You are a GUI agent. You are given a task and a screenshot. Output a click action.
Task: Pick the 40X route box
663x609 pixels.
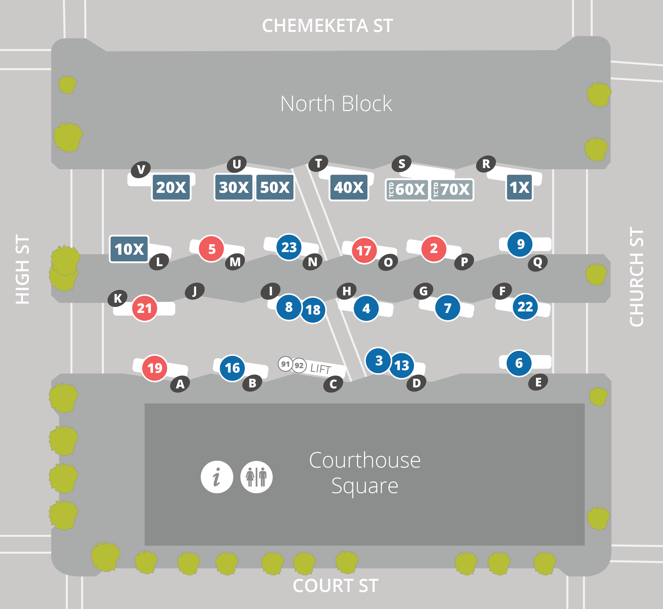[349, 187]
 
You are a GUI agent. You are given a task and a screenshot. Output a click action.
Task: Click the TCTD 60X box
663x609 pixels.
[407, 189]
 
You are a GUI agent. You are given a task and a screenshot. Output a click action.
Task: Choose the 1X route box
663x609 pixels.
[519, 187]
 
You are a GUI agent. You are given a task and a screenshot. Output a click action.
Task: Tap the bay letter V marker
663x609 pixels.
[141, 169]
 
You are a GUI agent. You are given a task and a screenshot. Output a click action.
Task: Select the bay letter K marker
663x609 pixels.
[117, 298]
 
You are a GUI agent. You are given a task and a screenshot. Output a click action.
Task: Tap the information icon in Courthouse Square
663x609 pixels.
[217, 477]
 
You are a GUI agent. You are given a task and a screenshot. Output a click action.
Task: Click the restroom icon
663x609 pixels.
[256, 477]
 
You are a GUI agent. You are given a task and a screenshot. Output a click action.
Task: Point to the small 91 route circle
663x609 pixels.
[285, 364]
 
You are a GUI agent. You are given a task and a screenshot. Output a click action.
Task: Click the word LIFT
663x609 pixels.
[321, 368]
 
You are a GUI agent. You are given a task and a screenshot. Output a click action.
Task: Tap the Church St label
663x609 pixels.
[636, 277]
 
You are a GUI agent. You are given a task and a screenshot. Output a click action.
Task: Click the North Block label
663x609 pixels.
[336, 103]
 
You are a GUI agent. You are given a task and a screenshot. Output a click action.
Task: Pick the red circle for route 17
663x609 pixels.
[364, 251]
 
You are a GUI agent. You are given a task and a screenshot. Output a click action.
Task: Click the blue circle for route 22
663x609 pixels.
[525, 307]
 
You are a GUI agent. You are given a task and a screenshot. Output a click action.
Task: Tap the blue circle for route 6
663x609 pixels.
[519, 363]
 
